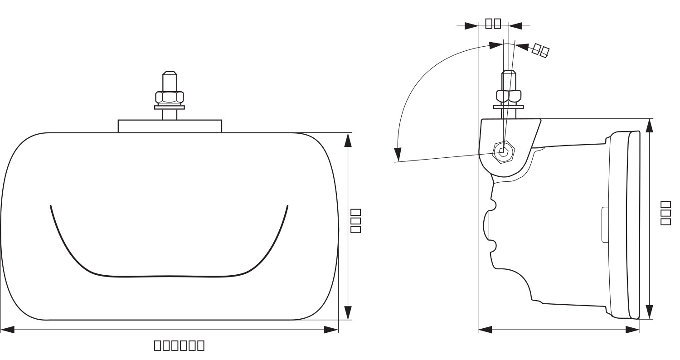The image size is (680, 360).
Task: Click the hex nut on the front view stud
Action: [170, 97]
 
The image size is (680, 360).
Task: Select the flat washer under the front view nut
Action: [170, 107]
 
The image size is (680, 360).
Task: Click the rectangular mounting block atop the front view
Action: [170, 126]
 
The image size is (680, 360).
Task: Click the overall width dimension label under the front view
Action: [179, 345]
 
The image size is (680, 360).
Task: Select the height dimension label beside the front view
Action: [356, 221]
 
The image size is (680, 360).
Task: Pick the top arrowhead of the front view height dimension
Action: [348, 140]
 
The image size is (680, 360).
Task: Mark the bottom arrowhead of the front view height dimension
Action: [348, 312]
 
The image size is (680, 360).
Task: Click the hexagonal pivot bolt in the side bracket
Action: [503, 152]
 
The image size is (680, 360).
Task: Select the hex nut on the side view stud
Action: [508, 96]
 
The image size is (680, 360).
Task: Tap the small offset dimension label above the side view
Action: [493, 23]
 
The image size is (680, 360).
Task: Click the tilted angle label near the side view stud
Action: [540, 50]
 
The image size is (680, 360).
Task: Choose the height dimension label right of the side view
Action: [665, 213]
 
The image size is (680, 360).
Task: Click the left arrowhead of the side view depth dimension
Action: [485, 330]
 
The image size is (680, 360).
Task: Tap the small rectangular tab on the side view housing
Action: [604, 224]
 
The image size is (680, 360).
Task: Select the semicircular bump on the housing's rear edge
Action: [487, 225]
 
